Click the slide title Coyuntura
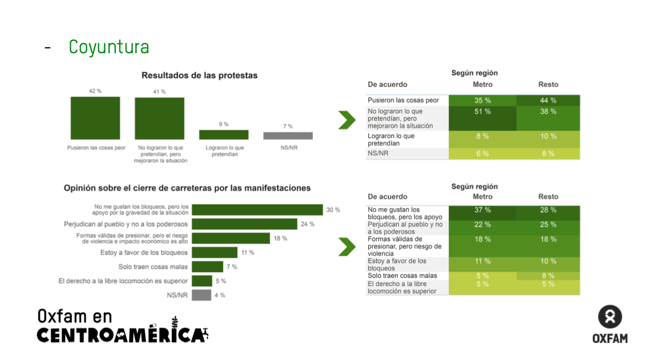[109, 47]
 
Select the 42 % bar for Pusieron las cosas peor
[95, 118]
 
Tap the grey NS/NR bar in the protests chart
[288, 136]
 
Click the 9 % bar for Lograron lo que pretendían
[223, 134]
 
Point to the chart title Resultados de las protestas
[199, 76]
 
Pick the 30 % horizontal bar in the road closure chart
[257, 210]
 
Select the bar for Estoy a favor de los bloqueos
[215, 252]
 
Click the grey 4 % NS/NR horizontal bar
[201, 295]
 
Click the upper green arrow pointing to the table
[347, 120]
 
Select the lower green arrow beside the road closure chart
[347, 247]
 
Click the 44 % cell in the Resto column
[548, 100]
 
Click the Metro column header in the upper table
[482, 85]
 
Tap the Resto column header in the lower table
[548, 196]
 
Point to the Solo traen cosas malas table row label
[402, 275]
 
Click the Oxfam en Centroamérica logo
[122, 326]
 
